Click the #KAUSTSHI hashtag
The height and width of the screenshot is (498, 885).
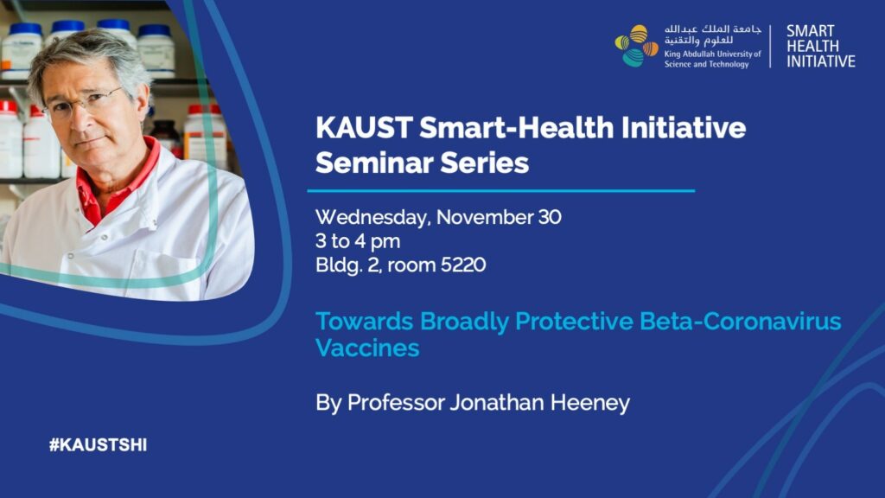[x=98, y=445]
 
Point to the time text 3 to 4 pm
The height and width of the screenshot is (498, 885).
[x=358, y=241]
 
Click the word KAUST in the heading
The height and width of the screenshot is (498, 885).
[x=364, y=128]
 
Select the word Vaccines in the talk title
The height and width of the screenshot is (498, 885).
[x=367, y=348]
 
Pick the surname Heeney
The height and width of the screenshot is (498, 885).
[x=590, y=403]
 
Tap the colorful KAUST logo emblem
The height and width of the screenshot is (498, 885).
[x=636, y=46]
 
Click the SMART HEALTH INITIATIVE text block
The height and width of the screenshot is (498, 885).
[x=821, y=47]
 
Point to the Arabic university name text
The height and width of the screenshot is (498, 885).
[x=712, y=35]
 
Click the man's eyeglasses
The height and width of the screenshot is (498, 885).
[x=85, y=104]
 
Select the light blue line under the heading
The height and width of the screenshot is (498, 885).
[x=501, y=191]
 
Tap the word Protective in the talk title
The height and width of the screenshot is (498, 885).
[x=574, y=322]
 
